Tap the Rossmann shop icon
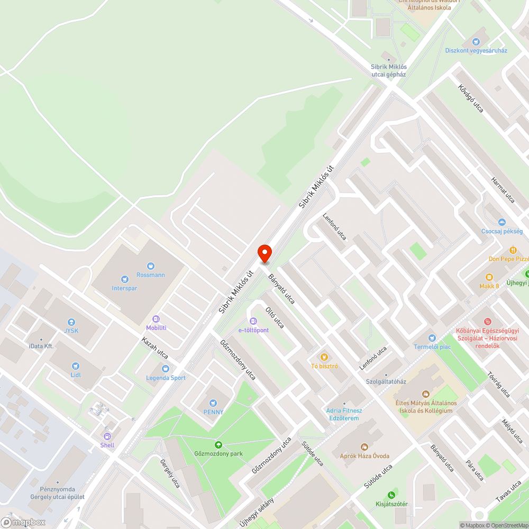(x=151, y=266)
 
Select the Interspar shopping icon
(x=124, y=279)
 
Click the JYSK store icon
(x=71, y=322)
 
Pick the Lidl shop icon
(x=75, y=366)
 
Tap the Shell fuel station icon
(x=107, y=436)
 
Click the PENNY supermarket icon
(x=213, y=403)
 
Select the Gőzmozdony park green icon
(x=218, y=445)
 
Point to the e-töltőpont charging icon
(x=253, y=321)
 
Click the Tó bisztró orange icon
(x=324, y=357)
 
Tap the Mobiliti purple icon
(x=156, y=319)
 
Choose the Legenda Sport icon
(x=166, y=369)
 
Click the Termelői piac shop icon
(x=432, y=338)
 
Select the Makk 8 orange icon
(x=489, y=277)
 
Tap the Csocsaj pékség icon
(x=501, y=222)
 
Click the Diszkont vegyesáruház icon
(x=476, y=41)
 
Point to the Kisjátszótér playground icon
(x=391, y=495)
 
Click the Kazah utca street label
(x=154, y=348)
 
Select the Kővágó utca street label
(x=471, y=98)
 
